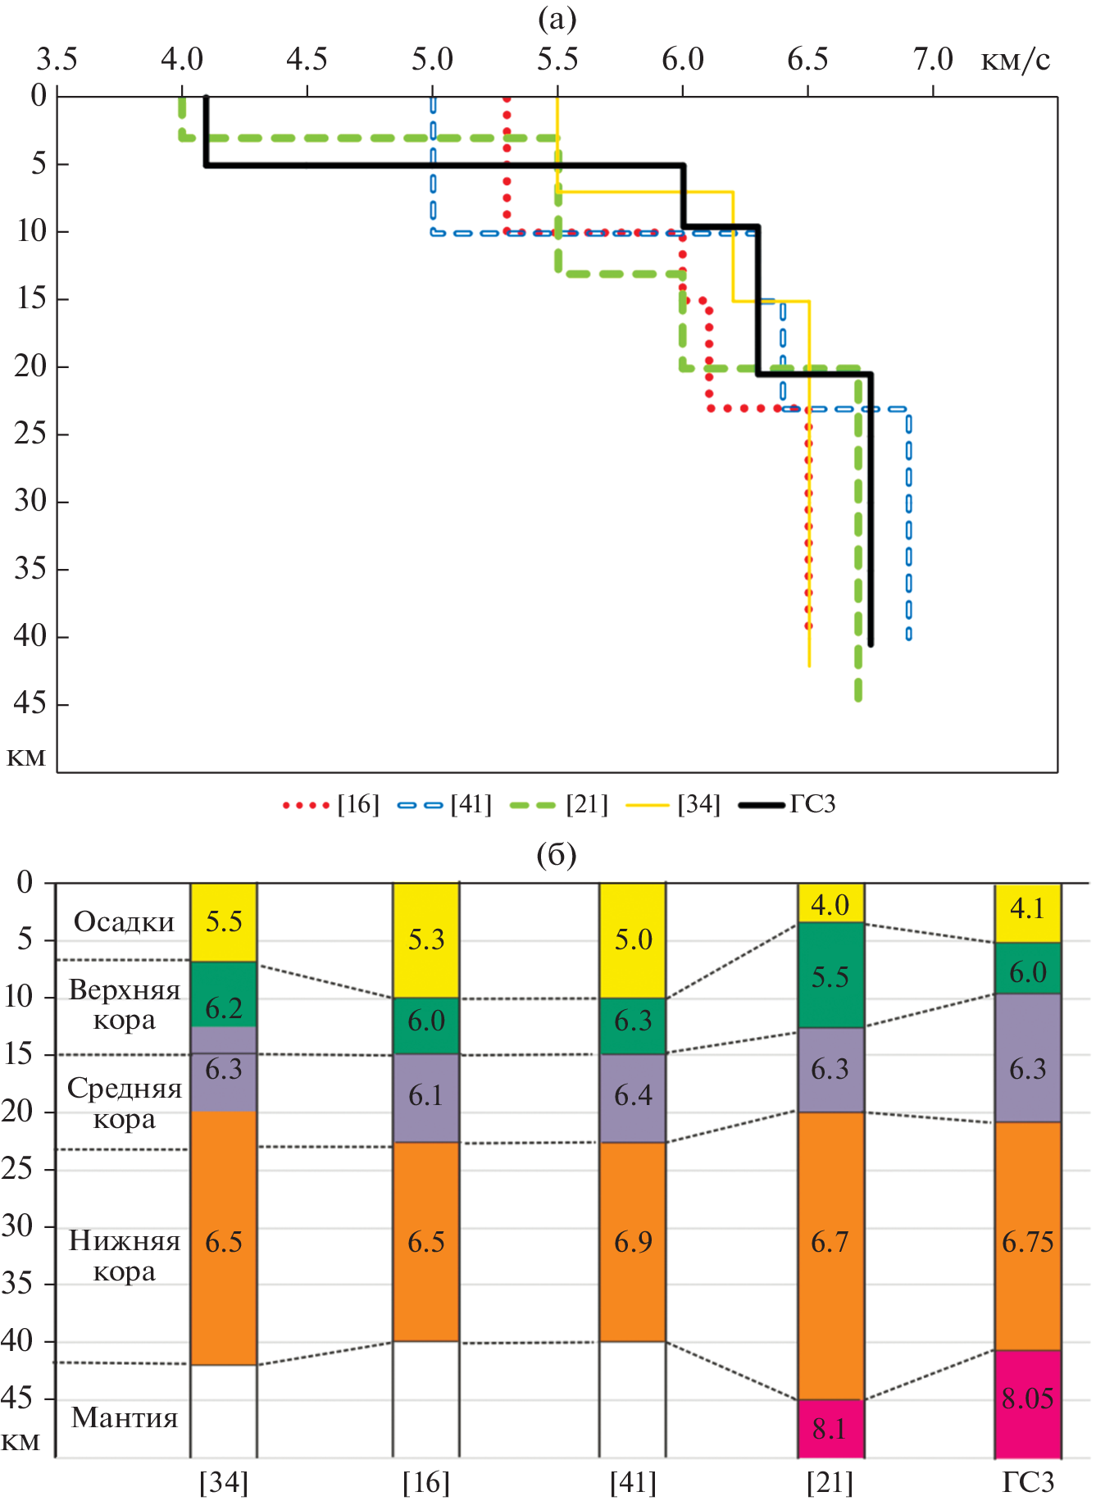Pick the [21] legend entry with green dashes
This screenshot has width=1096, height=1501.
click(559, 804)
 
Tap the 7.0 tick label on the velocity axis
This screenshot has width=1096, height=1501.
click(933, 60)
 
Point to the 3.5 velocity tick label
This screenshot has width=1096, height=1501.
click(57, 60)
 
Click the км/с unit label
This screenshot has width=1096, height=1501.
click(1016, 60)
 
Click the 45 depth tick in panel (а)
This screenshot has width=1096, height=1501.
click(30, 703)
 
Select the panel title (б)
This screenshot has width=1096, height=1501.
click(557, 855)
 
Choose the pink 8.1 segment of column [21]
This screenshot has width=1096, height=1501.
click(830, 1429)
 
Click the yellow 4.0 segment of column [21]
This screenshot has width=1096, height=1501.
click(830, 903)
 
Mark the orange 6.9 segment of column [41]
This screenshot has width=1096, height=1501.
click(633, 1242)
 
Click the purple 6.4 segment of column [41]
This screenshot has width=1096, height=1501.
click(633, 1097)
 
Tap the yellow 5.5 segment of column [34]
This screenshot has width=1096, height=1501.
click(224, 922)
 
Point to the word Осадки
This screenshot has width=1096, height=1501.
click(124, 922)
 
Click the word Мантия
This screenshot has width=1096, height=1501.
click(124, 1417)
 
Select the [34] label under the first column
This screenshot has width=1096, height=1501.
click(224, 1482)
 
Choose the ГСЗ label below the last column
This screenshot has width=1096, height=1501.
click(1028, 1482)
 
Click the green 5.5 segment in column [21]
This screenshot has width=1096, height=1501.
click(830, 976)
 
